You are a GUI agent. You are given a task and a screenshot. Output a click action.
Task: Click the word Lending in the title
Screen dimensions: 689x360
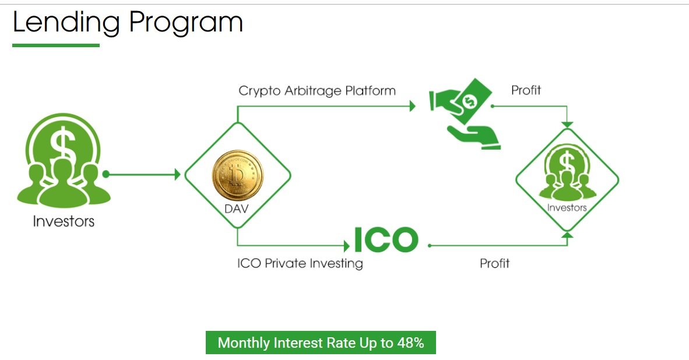coord(66,22)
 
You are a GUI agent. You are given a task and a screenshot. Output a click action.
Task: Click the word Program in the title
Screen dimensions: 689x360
coord(186,23)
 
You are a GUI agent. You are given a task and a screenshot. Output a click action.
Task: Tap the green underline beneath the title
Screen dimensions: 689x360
coord(56,45)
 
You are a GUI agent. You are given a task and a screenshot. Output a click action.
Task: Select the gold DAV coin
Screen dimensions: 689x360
coord(238,175)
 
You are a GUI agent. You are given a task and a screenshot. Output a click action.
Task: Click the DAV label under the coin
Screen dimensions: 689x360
coord(237,209)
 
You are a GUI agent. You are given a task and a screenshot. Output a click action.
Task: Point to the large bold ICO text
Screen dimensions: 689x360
coord(386,239)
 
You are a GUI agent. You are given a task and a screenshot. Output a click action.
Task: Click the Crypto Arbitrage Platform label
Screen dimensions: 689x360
coord(317,91)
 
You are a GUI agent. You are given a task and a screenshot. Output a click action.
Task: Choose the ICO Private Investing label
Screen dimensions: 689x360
coord(300,263)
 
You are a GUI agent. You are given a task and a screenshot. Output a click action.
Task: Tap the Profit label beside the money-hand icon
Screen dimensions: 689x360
coord(526,90)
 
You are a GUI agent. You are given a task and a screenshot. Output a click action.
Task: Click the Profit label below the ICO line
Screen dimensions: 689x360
coord(495,263)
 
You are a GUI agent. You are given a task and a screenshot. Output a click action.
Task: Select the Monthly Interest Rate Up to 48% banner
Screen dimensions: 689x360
coord(321,343)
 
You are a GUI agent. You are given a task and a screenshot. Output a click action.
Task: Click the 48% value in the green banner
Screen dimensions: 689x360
coord(411,343)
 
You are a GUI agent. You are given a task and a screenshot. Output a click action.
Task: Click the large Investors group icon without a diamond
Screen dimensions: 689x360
coord(64,161)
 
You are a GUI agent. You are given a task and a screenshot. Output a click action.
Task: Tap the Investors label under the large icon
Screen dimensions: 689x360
coord(64,221)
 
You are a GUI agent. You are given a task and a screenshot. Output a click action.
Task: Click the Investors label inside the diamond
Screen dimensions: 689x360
coord(567,207)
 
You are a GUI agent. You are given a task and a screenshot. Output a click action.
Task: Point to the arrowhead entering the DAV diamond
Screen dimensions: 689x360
coord(178,175)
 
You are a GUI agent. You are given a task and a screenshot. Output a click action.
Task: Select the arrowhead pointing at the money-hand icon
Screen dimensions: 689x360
coord(412,106)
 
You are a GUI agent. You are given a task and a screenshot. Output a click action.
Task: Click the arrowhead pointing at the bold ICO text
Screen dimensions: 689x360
coord(347,246)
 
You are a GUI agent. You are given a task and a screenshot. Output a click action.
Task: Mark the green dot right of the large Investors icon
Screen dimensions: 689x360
coord(106,174)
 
